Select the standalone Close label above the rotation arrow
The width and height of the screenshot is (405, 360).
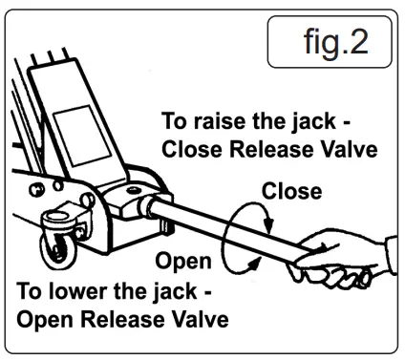(x=291, y=191)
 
